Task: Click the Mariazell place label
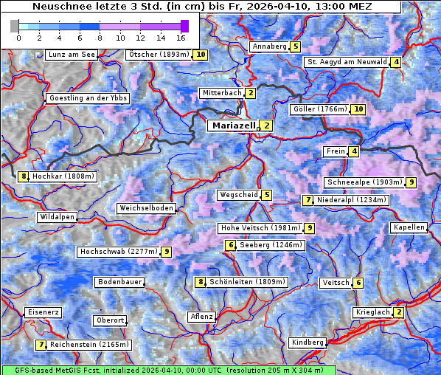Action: [x=233, y=125]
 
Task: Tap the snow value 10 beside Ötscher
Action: [x=201, y=55]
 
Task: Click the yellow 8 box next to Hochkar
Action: [x=24, y=176]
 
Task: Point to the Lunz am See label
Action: [x=72, y=55]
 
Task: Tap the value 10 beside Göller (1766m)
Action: [x=358, y=109]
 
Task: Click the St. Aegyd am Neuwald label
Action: [x=347, y=62]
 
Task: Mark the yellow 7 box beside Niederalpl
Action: [x=308, y=200]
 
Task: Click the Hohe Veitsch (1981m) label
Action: [x=260, y=228]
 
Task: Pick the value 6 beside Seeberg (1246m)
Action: [x=231, y=245]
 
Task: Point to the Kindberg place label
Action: [x=308, y=343]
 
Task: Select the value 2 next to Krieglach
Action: [x=399, y=312]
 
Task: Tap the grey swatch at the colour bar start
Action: [x=14, y=26]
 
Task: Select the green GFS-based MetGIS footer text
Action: [x=167, y=370]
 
